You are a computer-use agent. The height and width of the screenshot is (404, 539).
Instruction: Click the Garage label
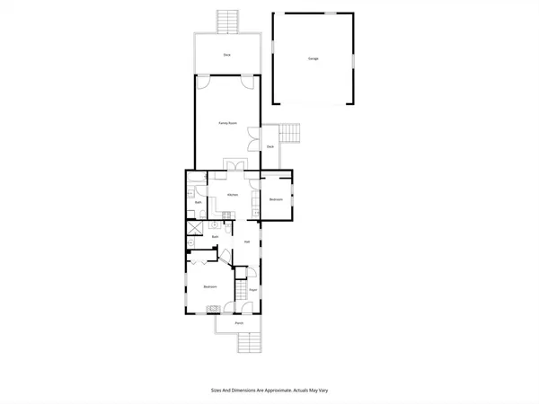313,58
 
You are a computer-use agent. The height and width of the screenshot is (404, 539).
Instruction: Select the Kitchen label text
232,195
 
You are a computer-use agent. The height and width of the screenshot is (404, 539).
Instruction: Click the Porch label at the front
239,322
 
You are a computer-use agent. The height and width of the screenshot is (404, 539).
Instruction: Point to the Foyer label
253,290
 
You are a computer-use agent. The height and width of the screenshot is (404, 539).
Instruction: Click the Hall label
246,242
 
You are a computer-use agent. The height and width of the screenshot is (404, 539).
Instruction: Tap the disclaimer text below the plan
269,391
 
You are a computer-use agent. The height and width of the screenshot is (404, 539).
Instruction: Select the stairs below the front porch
247,343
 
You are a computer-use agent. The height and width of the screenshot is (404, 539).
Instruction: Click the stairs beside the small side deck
289,135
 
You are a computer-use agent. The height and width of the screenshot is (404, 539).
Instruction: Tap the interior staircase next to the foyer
241,293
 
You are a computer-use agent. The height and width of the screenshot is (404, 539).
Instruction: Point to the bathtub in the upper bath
191,190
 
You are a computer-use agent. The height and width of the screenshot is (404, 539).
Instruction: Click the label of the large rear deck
227,55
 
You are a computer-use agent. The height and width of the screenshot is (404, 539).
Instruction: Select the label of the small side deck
269,146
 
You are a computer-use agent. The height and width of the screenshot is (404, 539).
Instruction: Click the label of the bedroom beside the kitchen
276,199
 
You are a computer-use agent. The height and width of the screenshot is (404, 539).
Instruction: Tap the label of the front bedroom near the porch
209,286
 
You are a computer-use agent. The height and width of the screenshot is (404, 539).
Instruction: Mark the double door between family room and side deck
261,138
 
